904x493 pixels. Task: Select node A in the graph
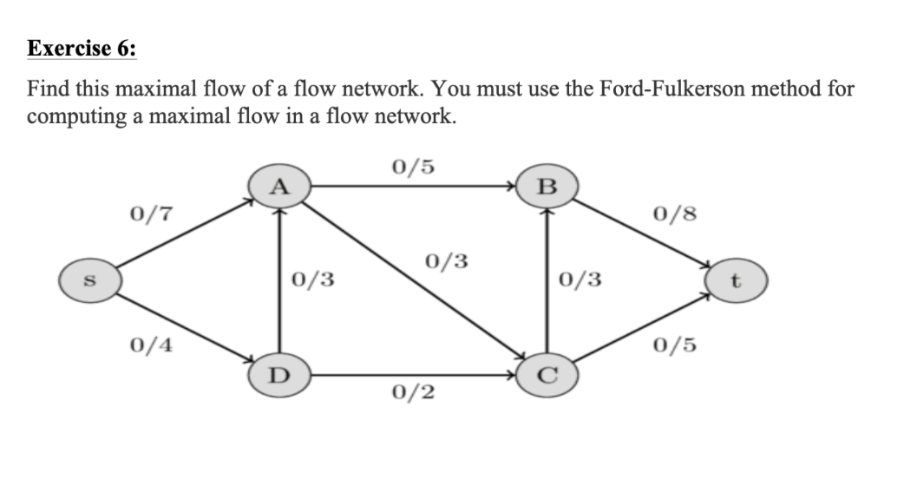point(278,186)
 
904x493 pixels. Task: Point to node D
point(278,376)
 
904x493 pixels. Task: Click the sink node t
point(736,282)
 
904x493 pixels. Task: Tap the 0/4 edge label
point(150,345)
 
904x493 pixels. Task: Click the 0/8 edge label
point(676,213)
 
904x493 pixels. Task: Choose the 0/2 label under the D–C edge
point(413,392)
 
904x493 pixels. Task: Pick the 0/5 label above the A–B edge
point(413,166)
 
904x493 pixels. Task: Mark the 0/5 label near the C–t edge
point(676,345)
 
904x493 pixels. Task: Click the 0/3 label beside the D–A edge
point(313,279)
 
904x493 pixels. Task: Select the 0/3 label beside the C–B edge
point(580,279)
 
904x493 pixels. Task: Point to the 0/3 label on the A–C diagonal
point(448,260)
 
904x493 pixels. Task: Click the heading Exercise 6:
point(82,49)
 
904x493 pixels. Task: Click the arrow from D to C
point(413,376)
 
